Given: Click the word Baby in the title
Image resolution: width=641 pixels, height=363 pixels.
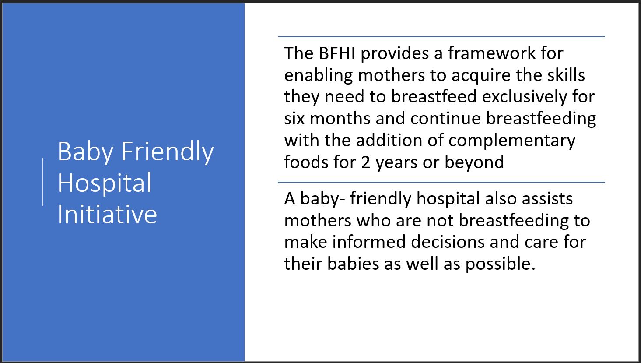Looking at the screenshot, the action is tap(85, 152).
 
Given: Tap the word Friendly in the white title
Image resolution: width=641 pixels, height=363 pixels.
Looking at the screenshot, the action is tap(168, 152).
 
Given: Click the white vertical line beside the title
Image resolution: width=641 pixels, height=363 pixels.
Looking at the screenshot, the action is tap(42, 182).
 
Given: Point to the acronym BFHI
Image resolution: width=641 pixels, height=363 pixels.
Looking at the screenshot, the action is tap(337, 53).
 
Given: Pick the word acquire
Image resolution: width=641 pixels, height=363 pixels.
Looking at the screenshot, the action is tap(481, 76).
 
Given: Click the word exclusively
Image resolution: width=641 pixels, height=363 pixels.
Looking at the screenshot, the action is tap(524, 97).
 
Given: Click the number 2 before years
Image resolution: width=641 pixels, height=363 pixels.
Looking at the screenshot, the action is tap(365, 162).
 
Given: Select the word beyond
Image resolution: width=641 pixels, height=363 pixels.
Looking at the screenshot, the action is tap(474, 162).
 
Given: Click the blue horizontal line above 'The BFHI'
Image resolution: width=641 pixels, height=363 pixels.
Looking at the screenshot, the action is tap(441, 37).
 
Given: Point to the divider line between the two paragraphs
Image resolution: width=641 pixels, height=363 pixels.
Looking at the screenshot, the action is tap(441, 182).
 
